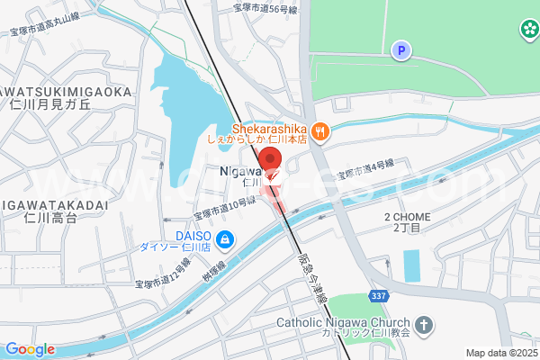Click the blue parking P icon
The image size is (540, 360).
pos(400,50)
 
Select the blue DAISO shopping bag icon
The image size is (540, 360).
pos(224,240)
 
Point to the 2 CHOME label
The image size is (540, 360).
pos(408,218)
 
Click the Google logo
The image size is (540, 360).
pos(29,349)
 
